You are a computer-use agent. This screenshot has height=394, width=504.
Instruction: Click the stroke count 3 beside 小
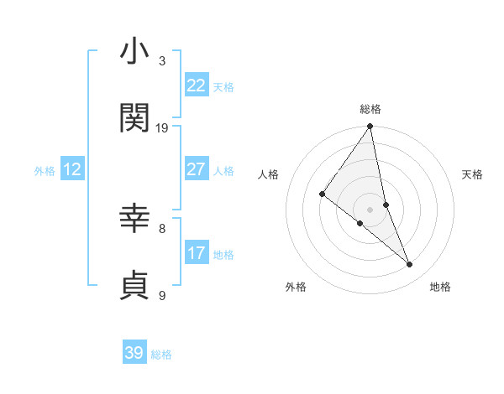click(162, 61)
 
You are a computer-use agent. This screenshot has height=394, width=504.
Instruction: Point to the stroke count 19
click(162, 127)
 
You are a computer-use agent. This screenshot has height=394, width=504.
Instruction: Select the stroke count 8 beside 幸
click(162, 227)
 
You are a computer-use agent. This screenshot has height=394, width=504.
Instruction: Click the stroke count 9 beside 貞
click(162, 294)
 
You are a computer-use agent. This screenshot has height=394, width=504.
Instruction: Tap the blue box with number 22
click(197, 86)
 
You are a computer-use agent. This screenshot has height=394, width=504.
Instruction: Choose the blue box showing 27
click(197, 169)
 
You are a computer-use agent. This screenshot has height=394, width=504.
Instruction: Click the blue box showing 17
click(197, 253)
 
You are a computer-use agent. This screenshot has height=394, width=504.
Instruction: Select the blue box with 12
click(72, 169)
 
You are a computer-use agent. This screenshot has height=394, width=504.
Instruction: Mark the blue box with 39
click(134, 353)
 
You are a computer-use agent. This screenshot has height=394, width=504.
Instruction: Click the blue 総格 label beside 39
click(161, 355)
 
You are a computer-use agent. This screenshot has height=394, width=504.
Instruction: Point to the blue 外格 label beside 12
click(45, 171)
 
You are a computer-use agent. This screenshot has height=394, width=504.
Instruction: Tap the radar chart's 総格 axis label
click(370, 109)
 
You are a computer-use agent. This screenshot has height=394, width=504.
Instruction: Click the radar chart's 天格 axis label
click(473, 174)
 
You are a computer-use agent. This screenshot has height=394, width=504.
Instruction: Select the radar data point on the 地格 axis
click(410, 265)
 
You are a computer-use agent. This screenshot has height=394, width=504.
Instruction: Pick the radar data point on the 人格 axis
click(322, 194)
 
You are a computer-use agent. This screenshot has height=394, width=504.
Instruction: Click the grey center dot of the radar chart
click(370, 209)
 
